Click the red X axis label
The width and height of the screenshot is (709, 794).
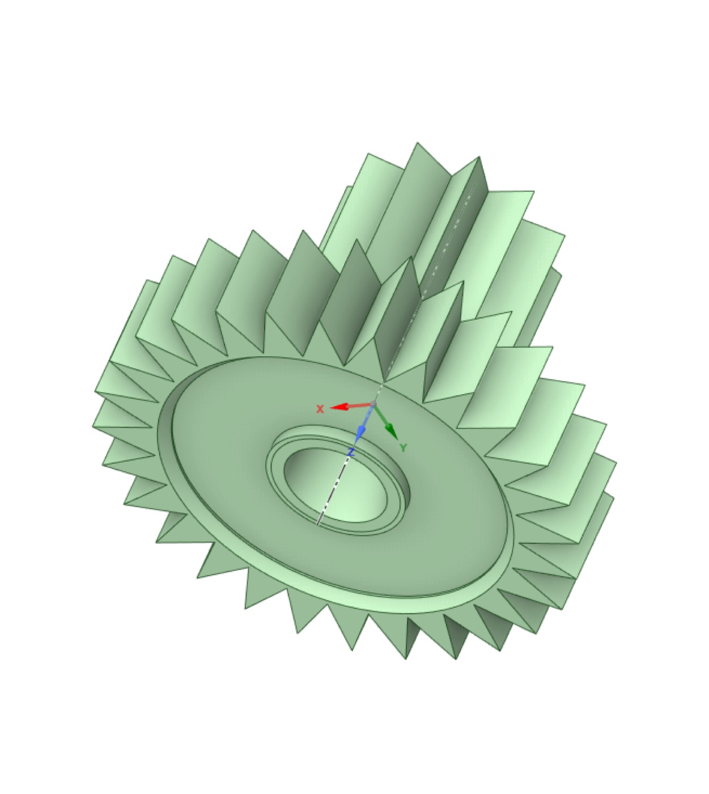320,409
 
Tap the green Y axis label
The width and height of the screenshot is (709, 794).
403,447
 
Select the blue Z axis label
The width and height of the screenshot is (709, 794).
351,453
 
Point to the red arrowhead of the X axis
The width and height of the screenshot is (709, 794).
339,407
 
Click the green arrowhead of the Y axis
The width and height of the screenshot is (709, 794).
392,432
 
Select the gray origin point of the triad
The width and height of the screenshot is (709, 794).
373,403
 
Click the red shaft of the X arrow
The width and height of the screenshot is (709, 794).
359,405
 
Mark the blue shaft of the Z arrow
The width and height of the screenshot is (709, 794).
368,416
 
